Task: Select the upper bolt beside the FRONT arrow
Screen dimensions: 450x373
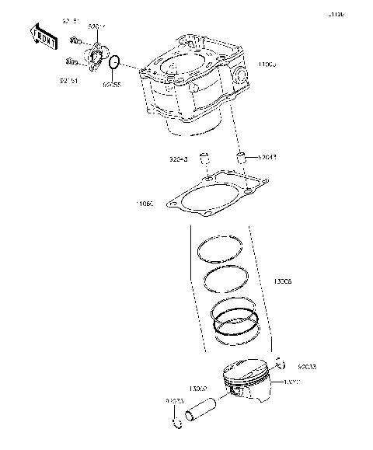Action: pyautogui.click(x=75, y=40)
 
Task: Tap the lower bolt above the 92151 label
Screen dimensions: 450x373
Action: pyautogui.click(x=71, y=61)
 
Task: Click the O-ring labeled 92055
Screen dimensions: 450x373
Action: pyautogui.click(x=113, y=62)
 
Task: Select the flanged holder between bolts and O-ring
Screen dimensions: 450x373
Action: pyautogui.click(x=95, y=55)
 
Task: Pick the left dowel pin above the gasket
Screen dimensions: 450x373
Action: pyautogui.click(x=206, y=160)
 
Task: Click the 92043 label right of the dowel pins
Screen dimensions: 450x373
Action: pyautogui.click(x=267, y=156)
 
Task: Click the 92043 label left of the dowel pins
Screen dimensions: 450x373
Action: pyautogui.click(x=180, y=161)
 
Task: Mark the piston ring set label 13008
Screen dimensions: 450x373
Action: pyautogui.click(x=283, y=284)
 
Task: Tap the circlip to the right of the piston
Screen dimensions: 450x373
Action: pyautogui.click(x=282, y=363)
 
